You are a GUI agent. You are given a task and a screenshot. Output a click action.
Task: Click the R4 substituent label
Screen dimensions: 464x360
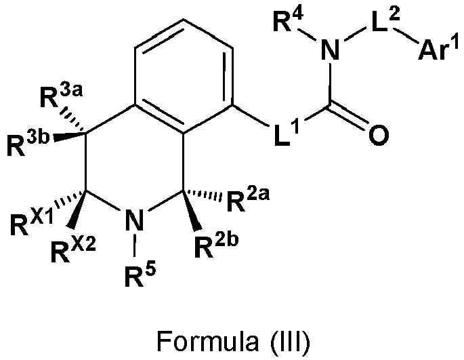(x=289, y=21)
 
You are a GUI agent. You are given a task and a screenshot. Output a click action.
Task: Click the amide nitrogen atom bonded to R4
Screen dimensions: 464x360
(x=330, y=49)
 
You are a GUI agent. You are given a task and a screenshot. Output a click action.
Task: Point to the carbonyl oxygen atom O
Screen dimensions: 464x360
(x=379, y=135)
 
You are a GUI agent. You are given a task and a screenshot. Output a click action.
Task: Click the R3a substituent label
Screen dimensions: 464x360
(x=61, y=96)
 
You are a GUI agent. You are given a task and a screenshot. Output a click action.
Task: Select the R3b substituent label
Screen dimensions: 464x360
(x=28, y=143)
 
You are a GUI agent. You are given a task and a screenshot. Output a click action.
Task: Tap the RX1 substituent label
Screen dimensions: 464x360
(x=32, y=223)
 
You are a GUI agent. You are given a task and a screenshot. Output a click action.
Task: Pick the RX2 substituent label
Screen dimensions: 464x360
(x=73, y=251)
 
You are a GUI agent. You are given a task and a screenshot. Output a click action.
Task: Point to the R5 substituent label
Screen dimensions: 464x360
(x=140, y=275)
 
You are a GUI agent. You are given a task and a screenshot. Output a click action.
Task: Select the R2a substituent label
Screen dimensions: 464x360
(x=248, y=200)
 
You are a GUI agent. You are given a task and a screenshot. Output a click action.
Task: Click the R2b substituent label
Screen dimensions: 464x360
(x=216, y=246)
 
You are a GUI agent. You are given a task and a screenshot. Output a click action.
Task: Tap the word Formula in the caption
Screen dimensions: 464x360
(x=207, y=341)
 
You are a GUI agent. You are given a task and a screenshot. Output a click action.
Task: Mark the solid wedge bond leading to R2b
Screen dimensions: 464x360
(x=192, y=209)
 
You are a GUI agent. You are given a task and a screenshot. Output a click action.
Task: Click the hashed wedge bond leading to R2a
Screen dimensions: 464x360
(x=202, y=193)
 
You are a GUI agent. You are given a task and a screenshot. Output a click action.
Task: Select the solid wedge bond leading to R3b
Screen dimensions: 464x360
(x=70, y=136)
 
